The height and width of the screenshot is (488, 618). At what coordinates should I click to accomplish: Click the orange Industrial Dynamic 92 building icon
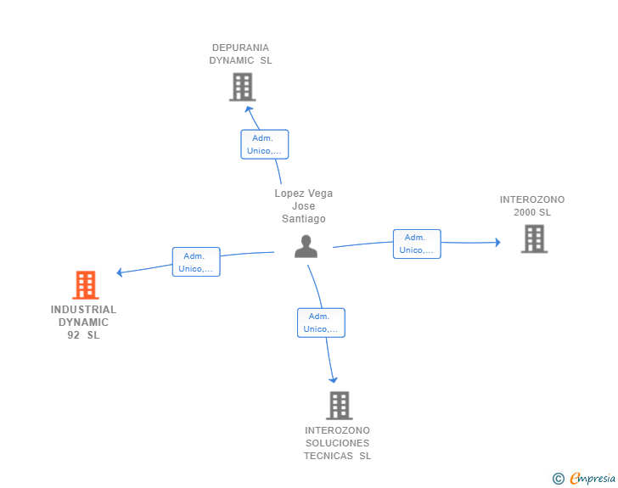(86, 285)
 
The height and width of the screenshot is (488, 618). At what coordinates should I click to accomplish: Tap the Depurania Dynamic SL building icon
(242, 87)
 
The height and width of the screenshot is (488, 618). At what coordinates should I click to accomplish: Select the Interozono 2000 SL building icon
(534, 238)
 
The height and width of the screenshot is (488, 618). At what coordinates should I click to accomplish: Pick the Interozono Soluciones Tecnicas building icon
(339, 406)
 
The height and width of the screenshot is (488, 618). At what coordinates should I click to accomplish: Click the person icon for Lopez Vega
(306, 246)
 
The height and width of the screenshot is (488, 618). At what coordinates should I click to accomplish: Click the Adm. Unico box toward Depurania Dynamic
(265, 144)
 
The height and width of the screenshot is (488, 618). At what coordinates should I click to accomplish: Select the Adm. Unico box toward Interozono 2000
(417, 244)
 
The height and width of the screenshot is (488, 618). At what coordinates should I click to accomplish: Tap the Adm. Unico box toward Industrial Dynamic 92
(196, 261)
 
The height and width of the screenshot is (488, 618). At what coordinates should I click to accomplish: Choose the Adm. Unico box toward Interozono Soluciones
(321, 323)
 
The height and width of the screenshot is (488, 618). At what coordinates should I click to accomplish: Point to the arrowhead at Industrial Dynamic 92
(121, 272)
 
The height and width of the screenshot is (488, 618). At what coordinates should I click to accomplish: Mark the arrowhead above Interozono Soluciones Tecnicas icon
(334, 379)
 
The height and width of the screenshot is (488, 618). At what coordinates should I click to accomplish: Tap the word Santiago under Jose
(304, 219)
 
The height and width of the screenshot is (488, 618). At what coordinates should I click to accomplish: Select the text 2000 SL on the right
(532, 212)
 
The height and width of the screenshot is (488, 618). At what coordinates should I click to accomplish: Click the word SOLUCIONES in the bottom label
(338, 443)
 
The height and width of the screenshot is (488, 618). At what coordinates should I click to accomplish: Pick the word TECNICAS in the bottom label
(328, 456)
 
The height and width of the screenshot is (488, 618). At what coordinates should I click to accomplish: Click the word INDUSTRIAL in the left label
(84, 310)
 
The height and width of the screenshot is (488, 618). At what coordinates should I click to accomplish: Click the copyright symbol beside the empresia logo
(559, 479)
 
